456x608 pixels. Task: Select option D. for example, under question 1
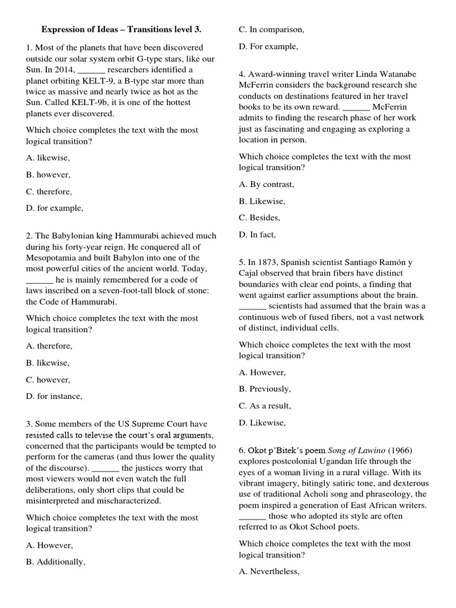coord(55,208)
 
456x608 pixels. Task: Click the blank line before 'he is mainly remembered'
coord(39,280)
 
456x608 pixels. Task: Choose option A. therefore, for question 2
coord(49,346)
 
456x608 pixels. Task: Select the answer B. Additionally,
coord(55,562)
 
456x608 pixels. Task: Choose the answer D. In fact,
coord(257,235)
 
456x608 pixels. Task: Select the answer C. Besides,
coord(259,217)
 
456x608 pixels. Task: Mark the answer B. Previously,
coord(265,389)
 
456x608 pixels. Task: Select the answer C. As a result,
coord(265,406)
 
